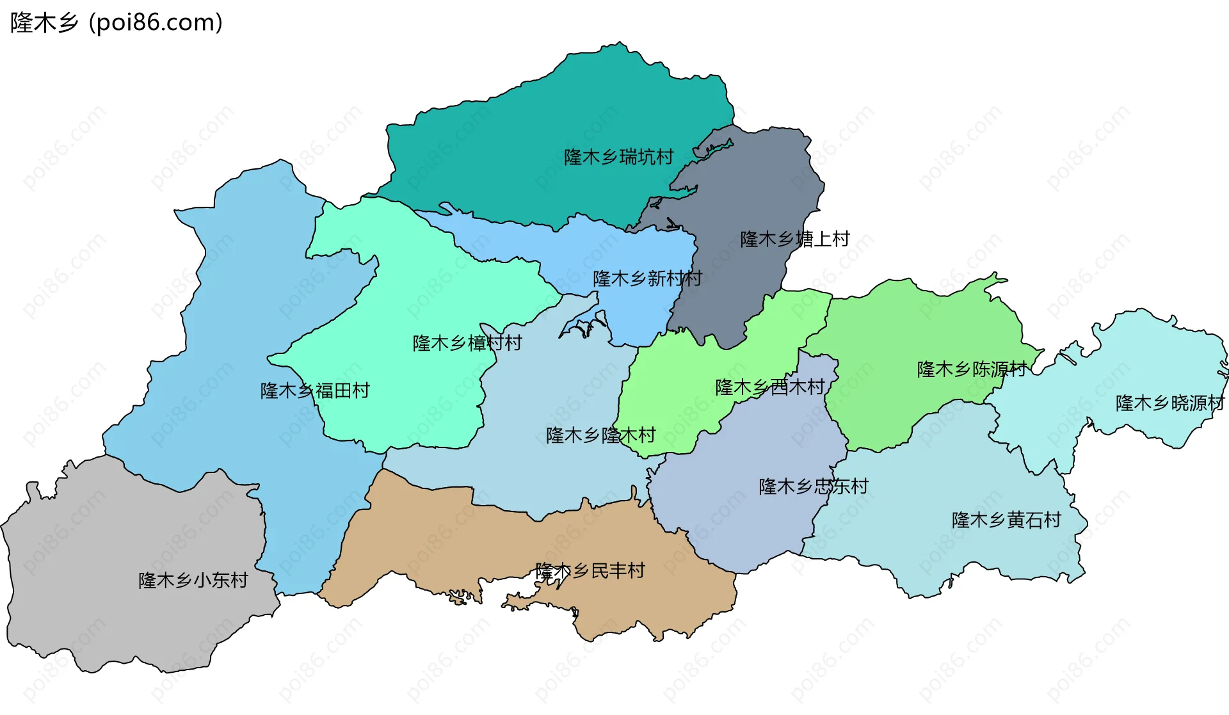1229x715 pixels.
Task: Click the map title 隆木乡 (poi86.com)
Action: coord(116,22)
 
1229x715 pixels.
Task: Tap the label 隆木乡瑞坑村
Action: coord(618,157)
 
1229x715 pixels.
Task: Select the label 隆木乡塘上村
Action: coord(794,239)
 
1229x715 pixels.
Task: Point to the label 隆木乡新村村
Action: coord(647,278)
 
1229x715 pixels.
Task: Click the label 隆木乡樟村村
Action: coord(467,343)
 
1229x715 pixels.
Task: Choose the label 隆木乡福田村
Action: coord(315,390)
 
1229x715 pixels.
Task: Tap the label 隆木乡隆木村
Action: coord(600,435)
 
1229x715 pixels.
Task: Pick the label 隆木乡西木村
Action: coord(769,387)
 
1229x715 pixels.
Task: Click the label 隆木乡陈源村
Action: coord(971,369)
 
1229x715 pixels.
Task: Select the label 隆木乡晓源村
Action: coord(1169,403)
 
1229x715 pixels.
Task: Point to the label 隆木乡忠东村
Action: coord(813,486)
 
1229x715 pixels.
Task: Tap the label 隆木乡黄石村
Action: coord(1006,520)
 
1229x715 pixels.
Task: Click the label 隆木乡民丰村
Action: coord(590,570)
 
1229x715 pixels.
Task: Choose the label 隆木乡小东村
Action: coord(193,580)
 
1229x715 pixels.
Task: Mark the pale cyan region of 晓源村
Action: coord(1152,358)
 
